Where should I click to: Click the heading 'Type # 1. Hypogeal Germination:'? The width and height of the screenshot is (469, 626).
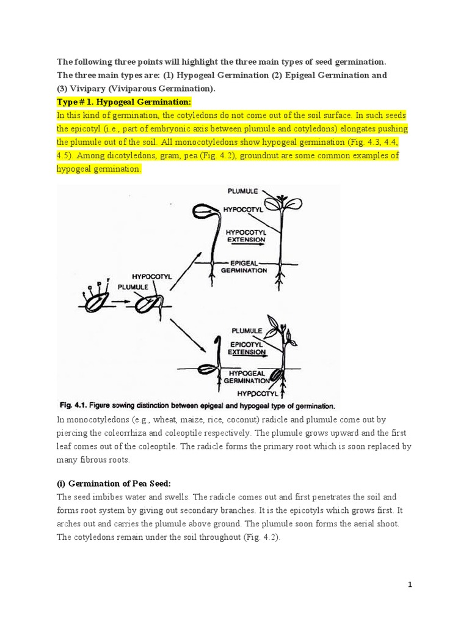124,101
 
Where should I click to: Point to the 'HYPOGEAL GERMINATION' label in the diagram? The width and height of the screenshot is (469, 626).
247,376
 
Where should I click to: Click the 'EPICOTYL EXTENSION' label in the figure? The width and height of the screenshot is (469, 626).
246,347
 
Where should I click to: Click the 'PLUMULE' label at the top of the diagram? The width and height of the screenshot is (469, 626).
242,191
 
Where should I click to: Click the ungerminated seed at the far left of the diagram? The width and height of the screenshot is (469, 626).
98,300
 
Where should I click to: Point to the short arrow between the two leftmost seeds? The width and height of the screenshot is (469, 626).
121,301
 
